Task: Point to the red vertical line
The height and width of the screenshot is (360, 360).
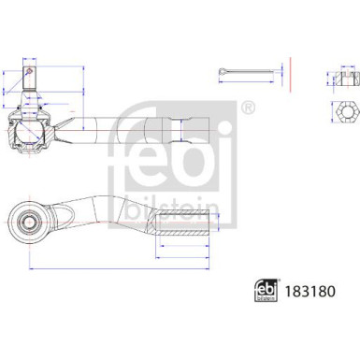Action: click(x=291, y=75)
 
